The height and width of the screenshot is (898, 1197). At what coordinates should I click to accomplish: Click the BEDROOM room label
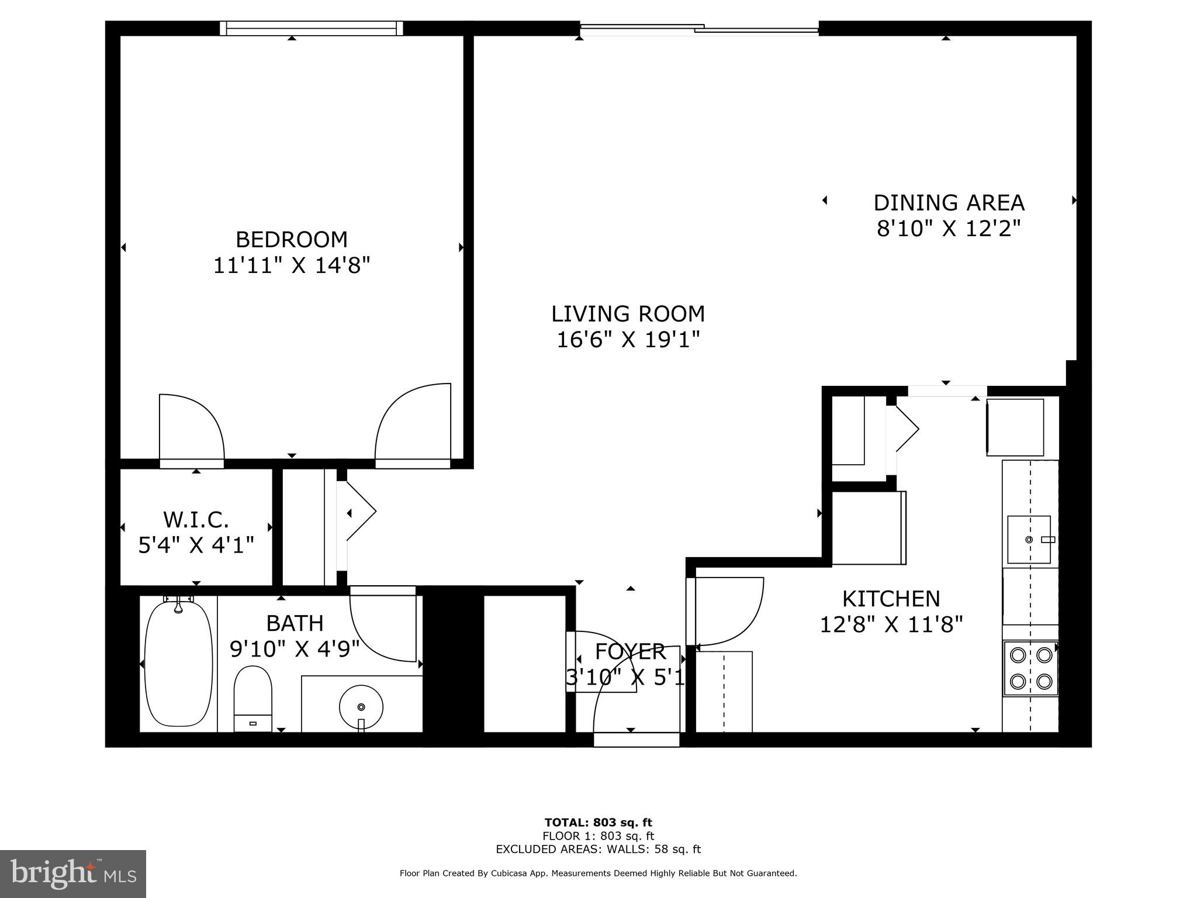click(291, 240)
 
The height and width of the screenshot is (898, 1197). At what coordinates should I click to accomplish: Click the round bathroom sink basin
click(361, 707)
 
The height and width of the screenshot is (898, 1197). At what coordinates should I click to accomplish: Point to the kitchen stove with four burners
click(1031, 668)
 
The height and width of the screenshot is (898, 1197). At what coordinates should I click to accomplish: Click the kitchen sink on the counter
click(1029, 539)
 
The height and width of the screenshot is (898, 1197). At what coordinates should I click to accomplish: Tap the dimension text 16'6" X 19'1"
click(628, 340)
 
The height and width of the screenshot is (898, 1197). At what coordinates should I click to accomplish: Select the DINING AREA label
click(948, 203)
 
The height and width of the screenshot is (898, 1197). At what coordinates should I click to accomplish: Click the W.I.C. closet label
click(196, 519)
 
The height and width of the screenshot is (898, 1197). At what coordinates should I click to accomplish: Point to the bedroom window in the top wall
click(312, 28)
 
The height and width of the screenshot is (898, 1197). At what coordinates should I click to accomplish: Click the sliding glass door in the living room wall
click(699, 28)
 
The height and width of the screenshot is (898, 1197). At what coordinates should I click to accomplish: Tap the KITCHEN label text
click(891, 599)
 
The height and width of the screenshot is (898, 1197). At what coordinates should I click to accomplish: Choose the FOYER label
click(630, 651)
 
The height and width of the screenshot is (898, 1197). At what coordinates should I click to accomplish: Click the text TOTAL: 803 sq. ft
click(598, 823)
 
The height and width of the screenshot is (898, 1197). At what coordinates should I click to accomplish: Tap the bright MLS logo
click(73, 873)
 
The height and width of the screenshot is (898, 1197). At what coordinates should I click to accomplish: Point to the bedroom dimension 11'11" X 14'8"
click(291, 266)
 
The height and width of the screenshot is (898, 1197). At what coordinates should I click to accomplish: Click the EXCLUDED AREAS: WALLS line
click(598, 849)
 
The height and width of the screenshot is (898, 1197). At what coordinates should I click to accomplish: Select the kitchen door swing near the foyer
click(728, 611)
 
